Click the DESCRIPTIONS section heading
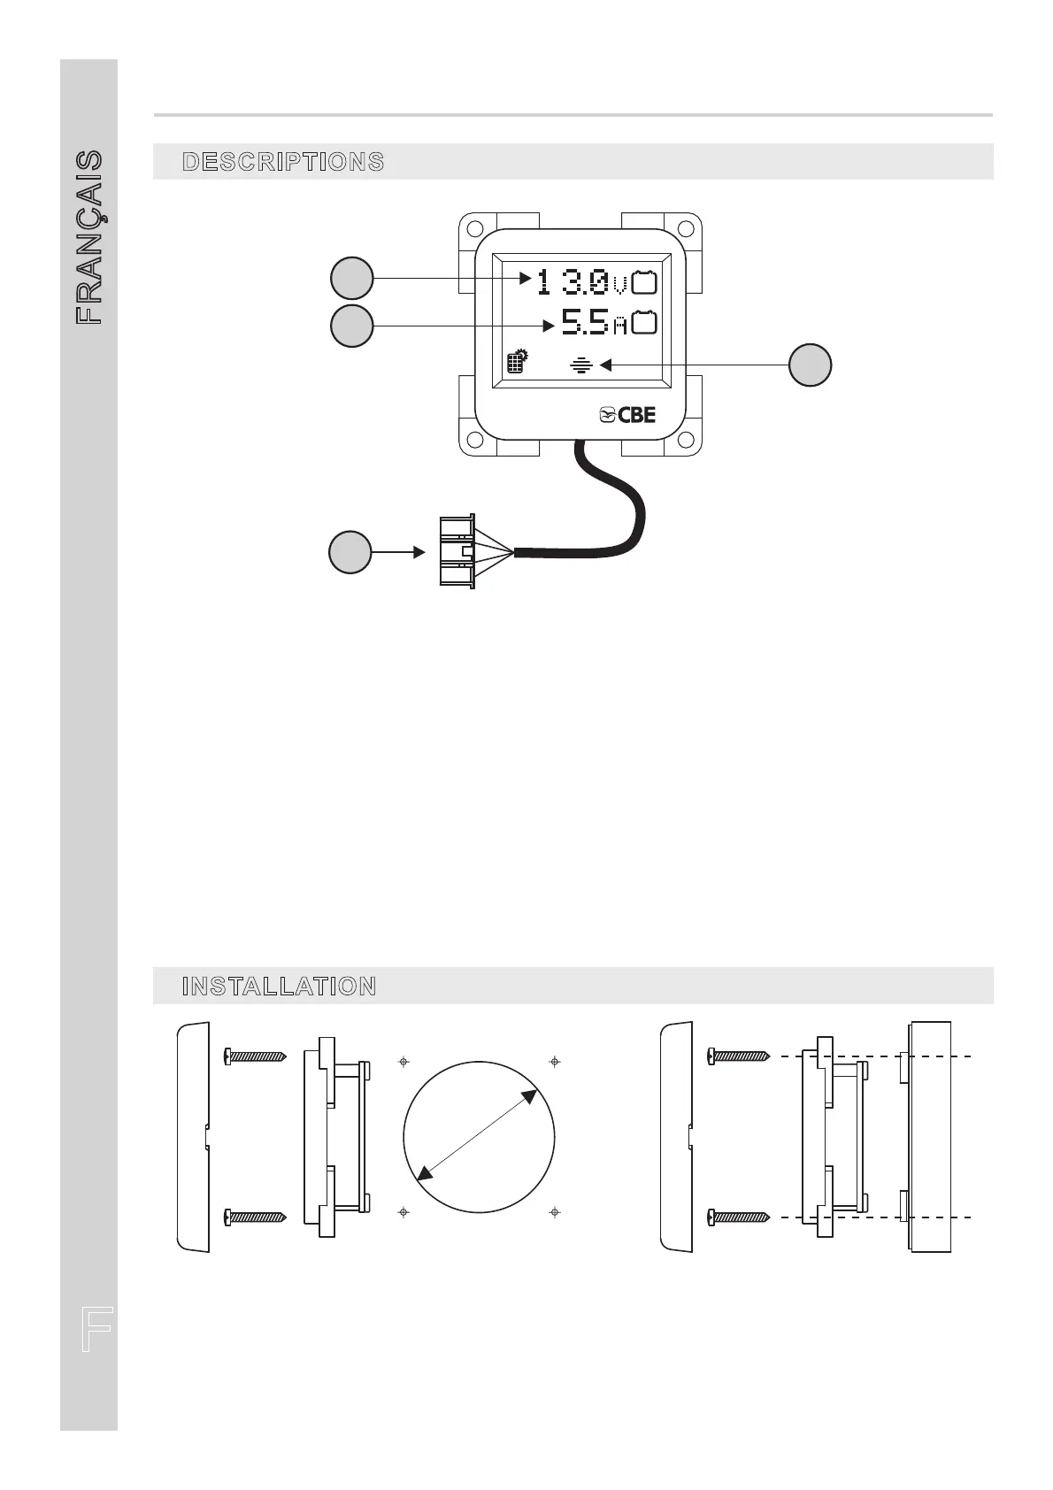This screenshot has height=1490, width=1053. [x=283, y=162]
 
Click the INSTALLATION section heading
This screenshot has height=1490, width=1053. [x=279, y=987]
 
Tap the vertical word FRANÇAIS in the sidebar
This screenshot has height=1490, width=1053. [x=89, y=237]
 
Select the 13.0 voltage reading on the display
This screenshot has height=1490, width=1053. [x=572, y=283]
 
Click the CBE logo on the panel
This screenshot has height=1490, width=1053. [x=627, y=415]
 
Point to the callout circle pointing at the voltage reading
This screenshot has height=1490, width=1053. [x=351, y=278]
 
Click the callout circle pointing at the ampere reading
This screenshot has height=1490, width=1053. [x=351, y=326]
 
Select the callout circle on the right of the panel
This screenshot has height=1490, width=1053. [x=810, y=365]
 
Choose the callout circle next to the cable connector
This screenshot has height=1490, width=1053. [x=350, y=553]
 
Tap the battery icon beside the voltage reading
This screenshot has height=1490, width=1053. [x=645, y=282]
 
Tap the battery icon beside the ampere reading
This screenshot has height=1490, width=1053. [x=645, y=323]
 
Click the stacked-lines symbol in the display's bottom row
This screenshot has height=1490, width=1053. [x=580, y=364]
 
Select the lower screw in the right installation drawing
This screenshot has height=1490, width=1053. [x=740, y=1218]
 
